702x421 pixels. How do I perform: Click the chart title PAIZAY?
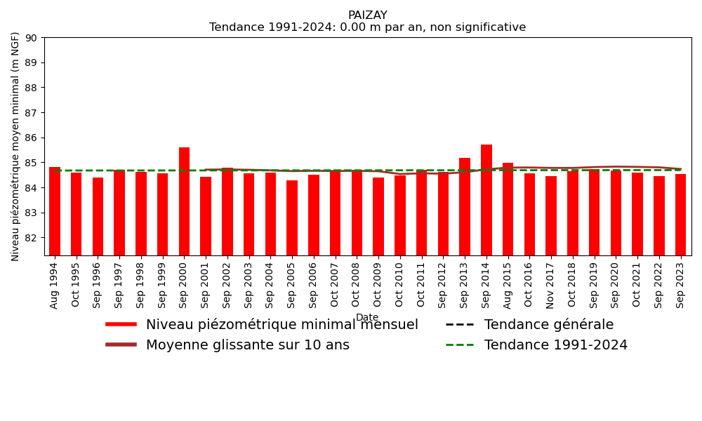click(367, 15)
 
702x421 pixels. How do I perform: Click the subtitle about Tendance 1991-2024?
click(367, 28)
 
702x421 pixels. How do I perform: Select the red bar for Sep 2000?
click(184, 201)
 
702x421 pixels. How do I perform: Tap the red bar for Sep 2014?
click(486, 200)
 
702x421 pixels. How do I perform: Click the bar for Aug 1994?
click(55, 211)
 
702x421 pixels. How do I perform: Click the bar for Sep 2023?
click(680, 215)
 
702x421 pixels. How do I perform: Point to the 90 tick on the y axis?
click(32, 38)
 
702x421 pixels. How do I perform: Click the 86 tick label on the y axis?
click(32, 138)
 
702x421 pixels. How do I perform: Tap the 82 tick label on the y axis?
click(32, 238)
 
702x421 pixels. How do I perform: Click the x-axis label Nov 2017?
click(551, 285)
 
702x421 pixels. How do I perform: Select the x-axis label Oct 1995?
click(76, 285)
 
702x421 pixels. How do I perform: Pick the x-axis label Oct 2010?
click(400, 285)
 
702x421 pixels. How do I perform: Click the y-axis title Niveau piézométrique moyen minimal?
click(15, 146)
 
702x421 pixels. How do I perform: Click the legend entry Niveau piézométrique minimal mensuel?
click(282, 325)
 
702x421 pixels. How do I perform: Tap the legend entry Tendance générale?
click(548, 325)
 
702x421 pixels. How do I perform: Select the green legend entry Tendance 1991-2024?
click(555, 345)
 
